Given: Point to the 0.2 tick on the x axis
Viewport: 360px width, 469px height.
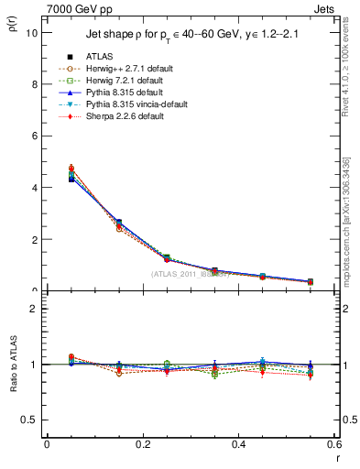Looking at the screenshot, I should pyautogui.click(x=142, y=444).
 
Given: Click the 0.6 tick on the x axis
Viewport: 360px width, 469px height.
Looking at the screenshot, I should pyautogui.click(x=333, y=444).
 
